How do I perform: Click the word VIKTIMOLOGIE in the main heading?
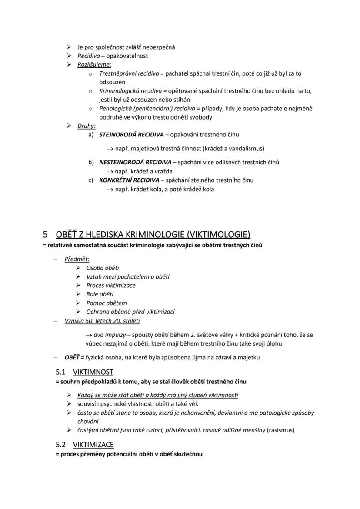pos(223,235)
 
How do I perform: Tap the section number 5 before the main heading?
pos(45,235)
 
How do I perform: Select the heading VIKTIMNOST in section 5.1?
pos(93,372)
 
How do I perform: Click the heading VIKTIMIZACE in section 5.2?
pos(93,444)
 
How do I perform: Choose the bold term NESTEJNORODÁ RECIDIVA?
pos(135,162)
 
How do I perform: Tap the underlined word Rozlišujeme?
pos(94,65)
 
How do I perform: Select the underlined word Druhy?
pos(87,126)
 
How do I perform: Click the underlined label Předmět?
pos(77,259)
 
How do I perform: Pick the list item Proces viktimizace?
pos(111,286)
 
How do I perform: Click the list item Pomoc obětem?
pos(107,303)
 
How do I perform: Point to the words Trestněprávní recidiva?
pos(129,73)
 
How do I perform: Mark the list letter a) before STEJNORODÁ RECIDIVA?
pos(91,135)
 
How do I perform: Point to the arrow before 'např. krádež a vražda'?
pos(110,171)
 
